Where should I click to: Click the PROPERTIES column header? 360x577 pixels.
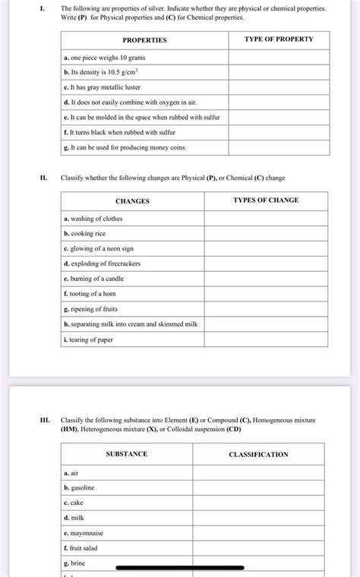coord(144,39)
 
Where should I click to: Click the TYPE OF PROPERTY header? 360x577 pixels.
coord(279,39)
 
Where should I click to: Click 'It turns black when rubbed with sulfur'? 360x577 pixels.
coord(115,132)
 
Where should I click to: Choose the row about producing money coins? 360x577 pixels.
coord(114,147)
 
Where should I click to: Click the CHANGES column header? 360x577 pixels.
coord(132,201)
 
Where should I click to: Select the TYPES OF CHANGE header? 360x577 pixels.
coord(266,200)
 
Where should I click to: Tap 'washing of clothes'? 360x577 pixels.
coord(93,219)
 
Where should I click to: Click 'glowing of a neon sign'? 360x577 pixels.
coord(99,248)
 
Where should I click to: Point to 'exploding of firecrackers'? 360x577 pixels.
coord(103,263)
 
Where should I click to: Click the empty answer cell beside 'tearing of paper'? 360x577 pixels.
coord(266,339)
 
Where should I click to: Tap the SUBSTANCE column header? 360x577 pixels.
coord(127,454)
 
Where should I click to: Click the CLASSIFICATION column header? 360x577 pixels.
coord(258,455)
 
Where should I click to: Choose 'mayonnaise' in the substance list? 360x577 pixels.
coord(85,533)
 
